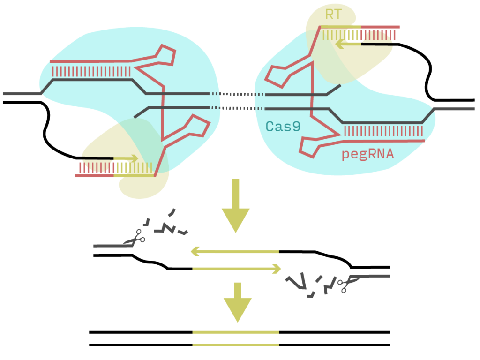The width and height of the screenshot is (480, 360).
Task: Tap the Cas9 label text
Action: tap(283, 126)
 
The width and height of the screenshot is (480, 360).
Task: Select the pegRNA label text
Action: tap(368, 154)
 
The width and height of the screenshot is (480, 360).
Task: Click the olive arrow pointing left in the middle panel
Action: tap(234, 252)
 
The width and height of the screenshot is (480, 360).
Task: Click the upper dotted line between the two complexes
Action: tap(237, 94)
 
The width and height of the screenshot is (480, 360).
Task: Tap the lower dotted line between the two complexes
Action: tap(237, 108)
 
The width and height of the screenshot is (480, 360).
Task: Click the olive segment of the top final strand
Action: tap(236, 332)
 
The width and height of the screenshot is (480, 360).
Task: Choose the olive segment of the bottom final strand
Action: tap(236, 345)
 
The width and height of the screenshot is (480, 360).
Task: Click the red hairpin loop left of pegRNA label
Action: tap(310, 146)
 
